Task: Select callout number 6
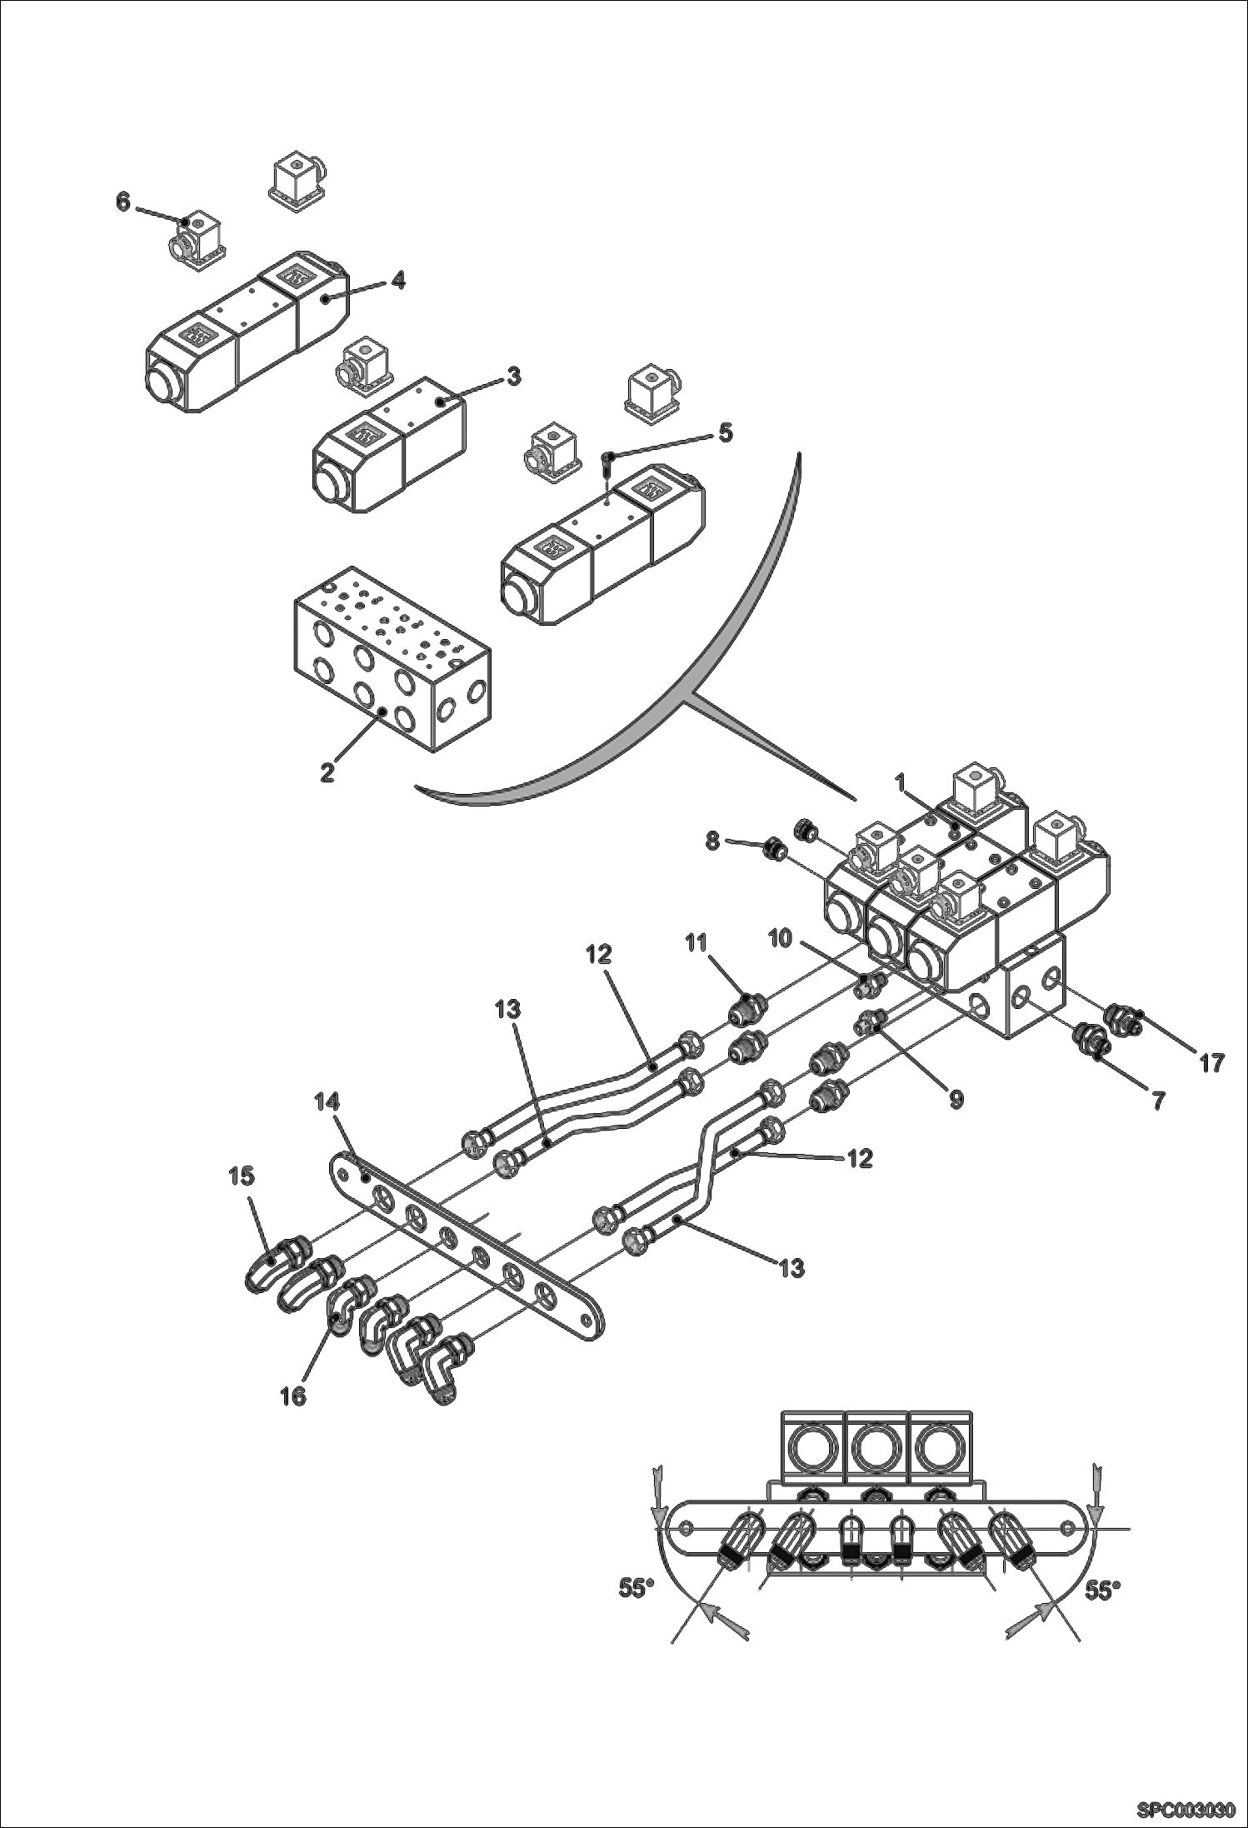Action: [123, 202]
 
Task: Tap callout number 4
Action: [398, 282]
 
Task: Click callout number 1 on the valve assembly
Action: [900, 783]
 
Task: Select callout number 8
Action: [713, 841]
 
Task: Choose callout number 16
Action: [294, 1396]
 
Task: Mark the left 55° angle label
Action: [636, 1589]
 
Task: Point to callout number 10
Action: [780, 938]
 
